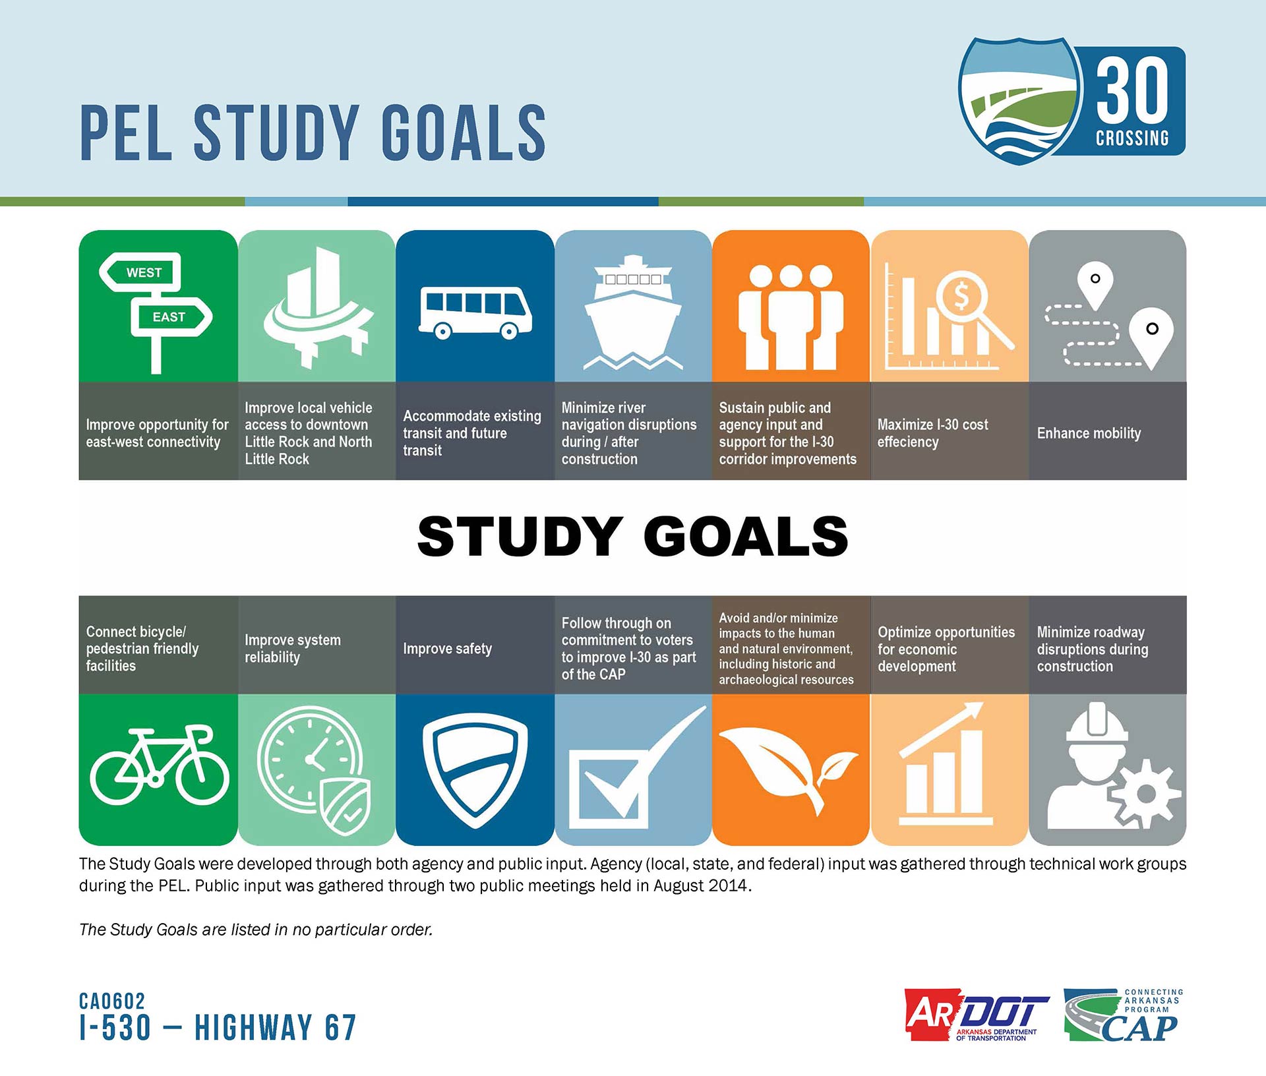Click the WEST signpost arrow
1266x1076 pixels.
(x=140, y=272)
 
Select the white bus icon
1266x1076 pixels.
(x=475, y=313)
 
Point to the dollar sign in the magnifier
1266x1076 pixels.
(x=961, y=296)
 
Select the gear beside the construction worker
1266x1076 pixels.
(x=1146, y=793)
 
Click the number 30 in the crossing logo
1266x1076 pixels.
(x=1132, y=90)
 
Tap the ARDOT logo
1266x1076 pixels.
(x=977, y=1015)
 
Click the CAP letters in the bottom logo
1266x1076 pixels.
(x=1139, y=1028)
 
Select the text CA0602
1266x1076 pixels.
(x=112, y=1001)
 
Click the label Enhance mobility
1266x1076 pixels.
(x=1089, y=433)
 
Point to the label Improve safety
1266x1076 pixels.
(x=447, y=649)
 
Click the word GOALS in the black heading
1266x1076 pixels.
(x=746, y=535)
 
